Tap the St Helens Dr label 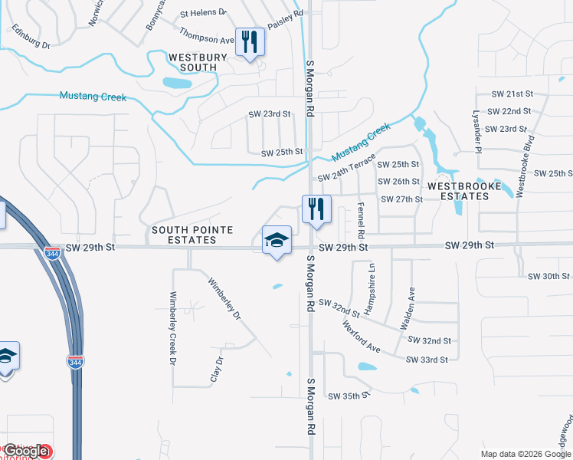[x=204, y=13]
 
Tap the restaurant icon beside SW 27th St [x=316, y=209]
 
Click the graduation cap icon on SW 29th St [x=277, y=241]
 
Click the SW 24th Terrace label [x=346, y=167]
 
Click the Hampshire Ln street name [x=371, y=289]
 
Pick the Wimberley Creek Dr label [x=173, y=327]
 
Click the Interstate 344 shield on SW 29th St [x=52, y=253]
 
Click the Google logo [x=25, y=451]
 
